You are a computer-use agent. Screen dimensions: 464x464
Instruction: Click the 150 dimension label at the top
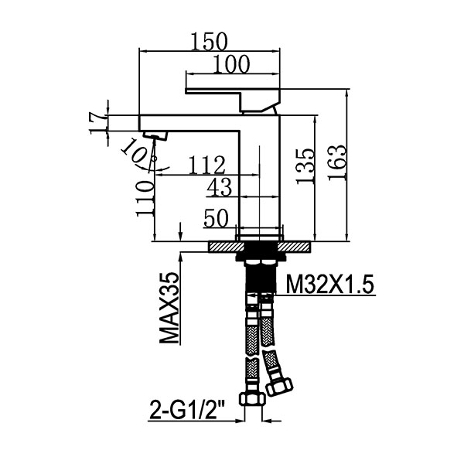point(210,42)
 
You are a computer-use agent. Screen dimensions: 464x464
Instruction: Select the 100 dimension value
point(231,64)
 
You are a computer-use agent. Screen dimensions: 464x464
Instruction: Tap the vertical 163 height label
point(336,162)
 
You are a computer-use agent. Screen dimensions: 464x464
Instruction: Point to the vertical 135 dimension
point(305,166)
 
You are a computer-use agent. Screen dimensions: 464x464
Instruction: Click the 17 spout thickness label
point(98,123)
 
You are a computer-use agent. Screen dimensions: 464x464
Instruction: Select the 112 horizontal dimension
point(207,165)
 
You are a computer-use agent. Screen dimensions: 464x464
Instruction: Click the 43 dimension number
point(220,188)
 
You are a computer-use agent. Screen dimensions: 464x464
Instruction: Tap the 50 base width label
point(217,218)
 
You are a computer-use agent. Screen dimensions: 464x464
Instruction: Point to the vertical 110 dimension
point(145,199)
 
